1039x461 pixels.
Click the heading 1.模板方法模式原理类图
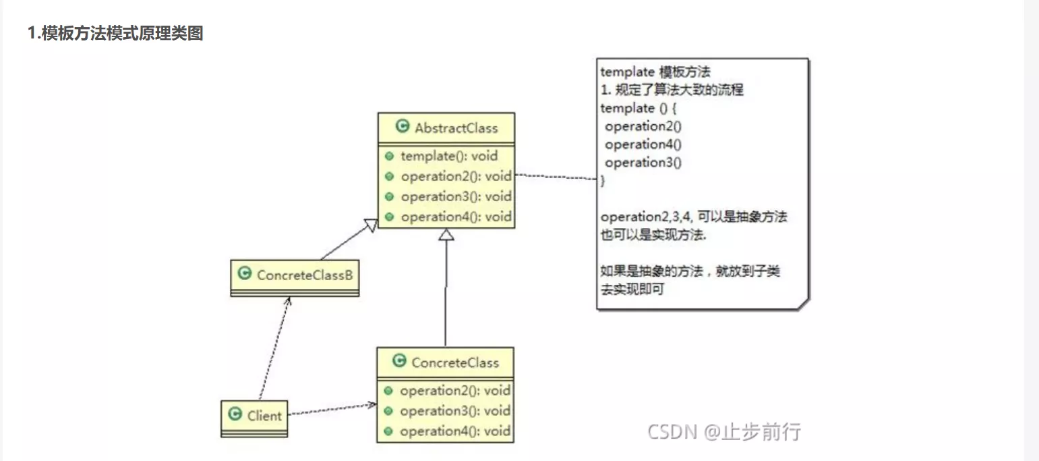coord(115,33)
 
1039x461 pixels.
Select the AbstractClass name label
coord(456,128)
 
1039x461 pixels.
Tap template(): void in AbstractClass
coord(449,156)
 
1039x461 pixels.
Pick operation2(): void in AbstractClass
coord(456,176)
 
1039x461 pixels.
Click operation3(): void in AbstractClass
coord(456,196)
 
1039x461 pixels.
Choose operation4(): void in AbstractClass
coord(456,217)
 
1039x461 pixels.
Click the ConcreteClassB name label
coord(305,275)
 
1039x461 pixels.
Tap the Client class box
coord(255,417)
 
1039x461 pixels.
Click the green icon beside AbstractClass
coord(403,127)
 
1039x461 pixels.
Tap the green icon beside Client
coord(235,414)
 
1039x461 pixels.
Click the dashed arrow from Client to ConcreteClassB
coord(274,348)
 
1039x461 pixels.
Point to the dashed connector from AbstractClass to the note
coord(556,177)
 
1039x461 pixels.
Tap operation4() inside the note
coord(643,144)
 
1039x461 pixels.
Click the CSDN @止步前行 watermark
coord(724,431)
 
